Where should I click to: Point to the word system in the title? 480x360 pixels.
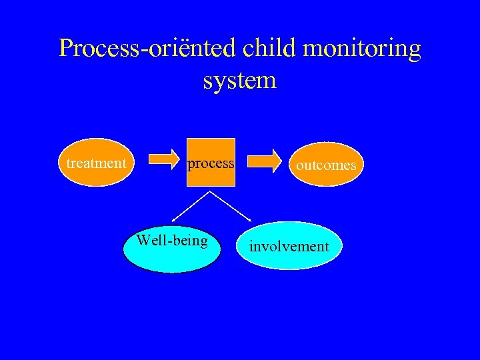[x=239, y=81]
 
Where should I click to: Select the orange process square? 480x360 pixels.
[x=211, y=163]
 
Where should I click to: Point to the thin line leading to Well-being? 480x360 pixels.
[x=191, y=206]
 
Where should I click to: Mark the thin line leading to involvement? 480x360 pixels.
[x=231, y=206]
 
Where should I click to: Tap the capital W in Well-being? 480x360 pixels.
[x=142, y=240]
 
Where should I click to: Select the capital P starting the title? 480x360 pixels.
[x=66, y=49]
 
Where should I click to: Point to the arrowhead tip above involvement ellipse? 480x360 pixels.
[x=251, y=222]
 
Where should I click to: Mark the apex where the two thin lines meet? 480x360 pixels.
[x=211, y=191]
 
